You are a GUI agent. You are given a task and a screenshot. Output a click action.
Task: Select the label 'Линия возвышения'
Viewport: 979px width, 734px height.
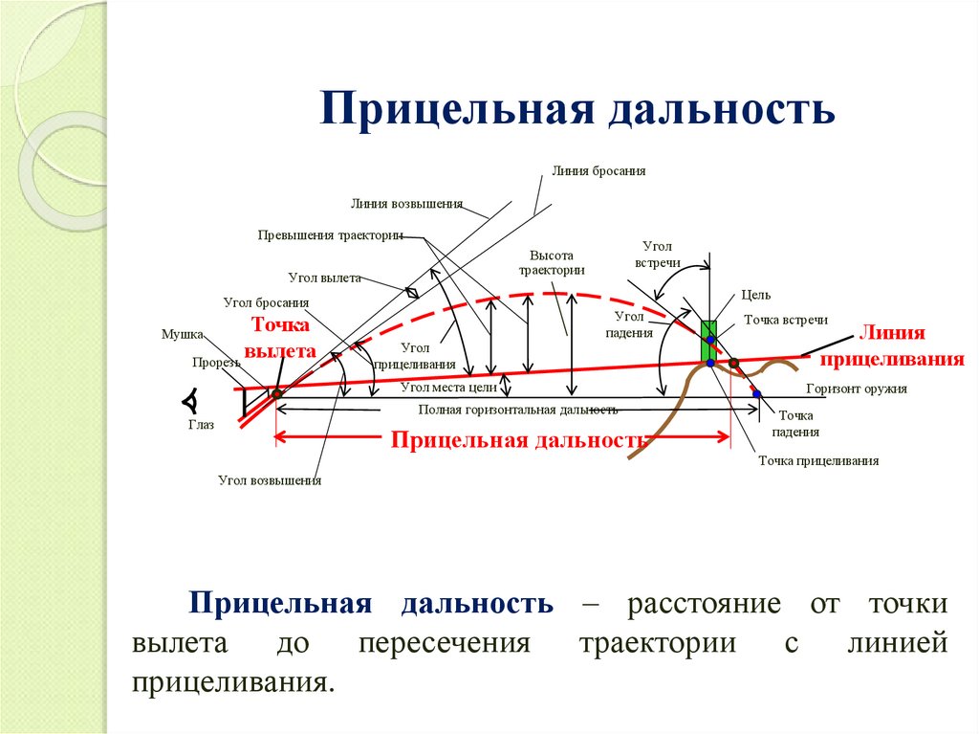(406, 203)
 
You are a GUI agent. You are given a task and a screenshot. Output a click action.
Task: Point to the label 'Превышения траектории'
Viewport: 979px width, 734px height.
(330, 234)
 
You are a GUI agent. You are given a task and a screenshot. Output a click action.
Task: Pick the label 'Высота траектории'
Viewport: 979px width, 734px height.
(551, 262)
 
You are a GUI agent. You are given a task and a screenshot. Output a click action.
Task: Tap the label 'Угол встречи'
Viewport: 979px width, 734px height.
(657, 254)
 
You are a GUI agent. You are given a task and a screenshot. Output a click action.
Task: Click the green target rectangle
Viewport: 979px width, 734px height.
(708, 342)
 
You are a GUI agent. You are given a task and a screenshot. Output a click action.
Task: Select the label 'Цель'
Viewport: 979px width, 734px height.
(755, 295)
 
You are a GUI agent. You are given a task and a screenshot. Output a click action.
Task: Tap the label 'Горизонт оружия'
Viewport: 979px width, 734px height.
(856, 389)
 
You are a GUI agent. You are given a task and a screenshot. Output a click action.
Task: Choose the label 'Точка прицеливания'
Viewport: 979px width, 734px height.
(818, 460)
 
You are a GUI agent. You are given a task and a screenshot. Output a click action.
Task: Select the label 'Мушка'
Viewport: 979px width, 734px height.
(182, 334)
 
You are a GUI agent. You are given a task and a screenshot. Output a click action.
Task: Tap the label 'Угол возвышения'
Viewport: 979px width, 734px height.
(270, 480)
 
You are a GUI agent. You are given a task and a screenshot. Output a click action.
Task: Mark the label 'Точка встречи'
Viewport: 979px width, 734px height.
(786, 321)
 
